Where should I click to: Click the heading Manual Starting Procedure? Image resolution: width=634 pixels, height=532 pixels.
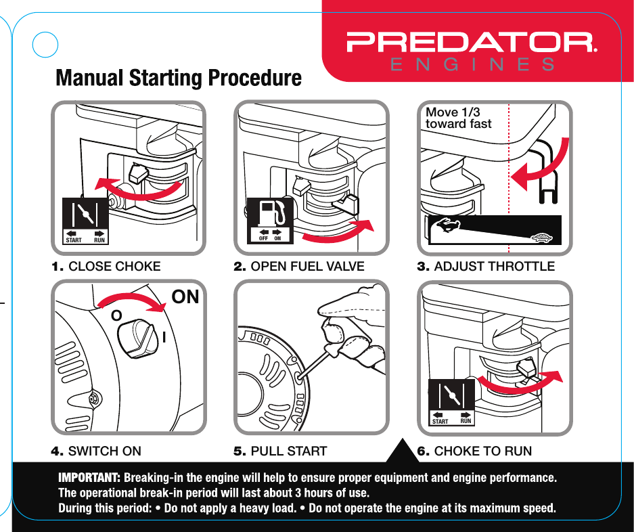point(179,78)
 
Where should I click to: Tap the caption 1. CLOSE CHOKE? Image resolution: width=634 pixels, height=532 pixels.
point(106,267)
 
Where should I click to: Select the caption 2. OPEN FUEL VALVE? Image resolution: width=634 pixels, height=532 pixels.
point(298,267)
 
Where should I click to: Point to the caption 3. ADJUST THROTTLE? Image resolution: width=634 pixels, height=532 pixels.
point(485,267)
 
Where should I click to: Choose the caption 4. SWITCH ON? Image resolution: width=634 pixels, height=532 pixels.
point(96,451)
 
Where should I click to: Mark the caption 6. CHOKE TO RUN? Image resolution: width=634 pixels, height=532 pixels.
point(474,451)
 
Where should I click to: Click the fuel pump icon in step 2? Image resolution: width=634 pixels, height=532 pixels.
point(271,214)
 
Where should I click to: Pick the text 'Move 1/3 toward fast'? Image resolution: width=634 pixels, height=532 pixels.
point(458,118)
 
